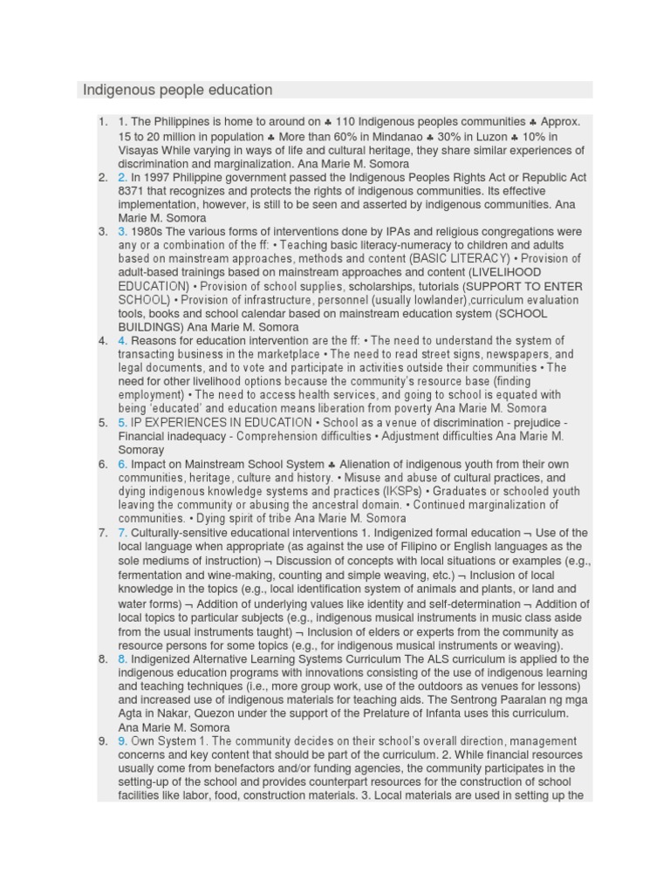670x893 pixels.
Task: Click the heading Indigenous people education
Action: pos(178,90)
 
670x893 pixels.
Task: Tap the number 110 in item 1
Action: pos(346,122)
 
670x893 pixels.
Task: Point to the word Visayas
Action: pos(140,150)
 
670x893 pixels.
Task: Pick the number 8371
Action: pos(132,191)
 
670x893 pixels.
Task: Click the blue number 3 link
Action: pos(123,231)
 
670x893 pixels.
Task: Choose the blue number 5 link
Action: pos(123,422)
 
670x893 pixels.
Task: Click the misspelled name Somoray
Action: pos(141,450)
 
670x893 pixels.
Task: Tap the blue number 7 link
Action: pos(123,532)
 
